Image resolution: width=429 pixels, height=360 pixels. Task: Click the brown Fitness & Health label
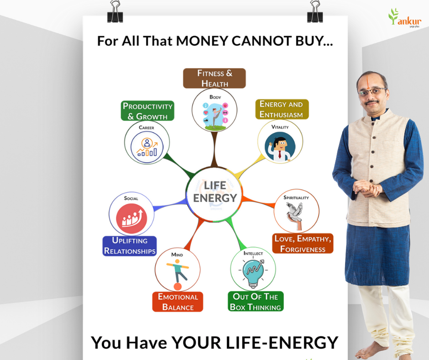pos(214,79)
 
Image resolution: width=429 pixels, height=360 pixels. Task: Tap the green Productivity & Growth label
pos(147,111)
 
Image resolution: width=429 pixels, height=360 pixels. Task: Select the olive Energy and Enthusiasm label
pos(282,109)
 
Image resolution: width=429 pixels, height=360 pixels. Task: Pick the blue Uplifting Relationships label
pos(130,246)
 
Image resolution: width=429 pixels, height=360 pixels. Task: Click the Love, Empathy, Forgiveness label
pos(303,244)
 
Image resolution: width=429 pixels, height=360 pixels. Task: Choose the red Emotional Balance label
pos(178,302)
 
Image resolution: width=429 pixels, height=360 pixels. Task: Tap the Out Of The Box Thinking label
pos(256,302)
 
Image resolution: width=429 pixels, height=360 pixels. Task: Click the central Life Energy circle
pos(214,194)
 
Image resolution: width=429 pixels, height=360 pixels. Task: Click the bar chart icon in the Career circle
pos(147,147)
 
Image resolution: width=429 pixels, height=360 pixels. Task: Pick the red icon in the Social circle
pos(131,218)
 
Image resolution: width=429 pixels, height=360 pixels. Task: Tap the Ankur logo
pos(405,18)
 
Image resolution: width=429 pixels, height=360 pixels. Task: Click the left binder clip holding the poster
pos(115,12)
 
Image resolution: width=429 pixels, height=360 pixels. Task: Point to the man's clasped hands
pos(367,189)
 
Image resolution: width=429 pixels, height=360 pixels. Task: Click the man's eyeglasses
pos(372,91)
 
